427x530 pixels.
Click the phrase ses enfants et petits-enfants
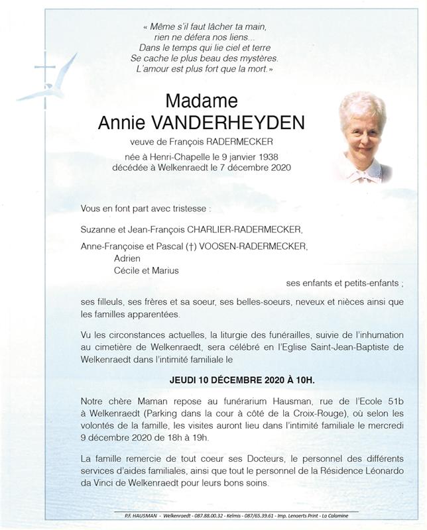(344, 283)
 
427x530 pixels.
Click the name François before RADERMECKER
(182, 142)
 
